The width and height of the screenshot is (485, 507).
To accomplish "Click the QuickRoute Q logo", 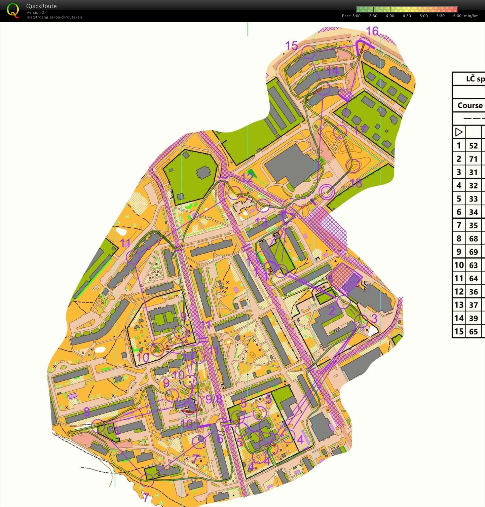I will [13, 10].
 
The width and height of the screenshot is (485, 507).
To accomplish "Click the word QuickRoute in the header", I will [41, 6].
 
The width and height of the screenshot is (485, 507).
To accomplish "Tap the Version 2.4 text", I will [37, 12].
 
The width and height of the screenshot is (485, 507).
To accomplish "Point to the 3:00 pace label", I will [356, 16].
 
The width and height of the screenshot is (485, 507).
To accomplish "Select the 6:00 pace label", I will [457, 16].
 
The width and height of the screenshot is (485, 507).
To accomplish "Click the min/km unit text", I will [471, 16].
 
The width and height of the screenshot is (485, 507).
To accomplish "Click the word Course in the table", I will [470, 105].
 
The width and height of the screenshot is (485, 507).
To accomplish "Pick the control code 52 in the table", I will [473, 146].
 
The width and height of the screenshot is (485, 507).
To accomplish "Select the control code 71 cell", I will [473, 159].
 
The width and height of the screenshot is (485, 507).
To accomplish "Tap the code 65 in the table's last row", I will [473, 331].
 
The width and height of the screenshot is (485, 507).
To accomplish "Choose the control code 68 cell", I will [473, 239].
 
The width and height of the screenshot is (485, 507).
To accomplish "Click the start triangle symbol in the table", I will [458, 132].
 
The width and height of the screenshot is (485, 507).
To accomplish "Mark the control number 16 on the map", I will [372, 31].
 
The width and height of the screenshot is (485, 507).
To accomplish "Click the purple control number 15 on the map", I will [291, 45].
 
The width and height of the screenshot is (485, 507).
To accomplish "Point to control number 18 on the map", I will [356, 183].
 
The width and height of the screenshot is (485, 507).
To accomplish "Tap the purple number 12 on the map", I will [247, 177].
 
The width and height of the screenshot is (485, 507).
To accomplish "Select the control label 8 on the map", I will [87, 411].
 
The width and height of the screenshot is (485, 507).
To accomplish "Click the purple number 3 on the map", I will [374, 318].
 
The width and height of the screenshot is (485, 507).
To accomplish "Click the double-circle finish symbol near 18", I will [327, 192].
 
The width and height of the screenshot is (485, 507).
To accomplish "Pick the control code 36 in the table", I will [473, 292].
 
